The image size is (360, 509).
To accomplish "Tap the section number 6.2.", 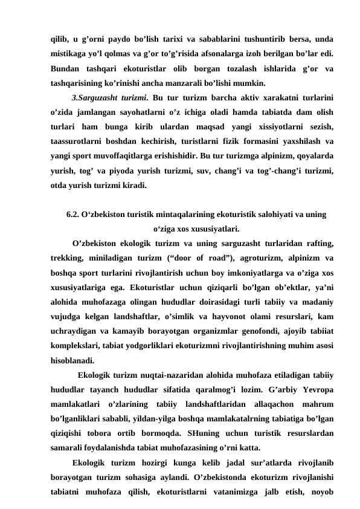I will click(74, 214).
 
